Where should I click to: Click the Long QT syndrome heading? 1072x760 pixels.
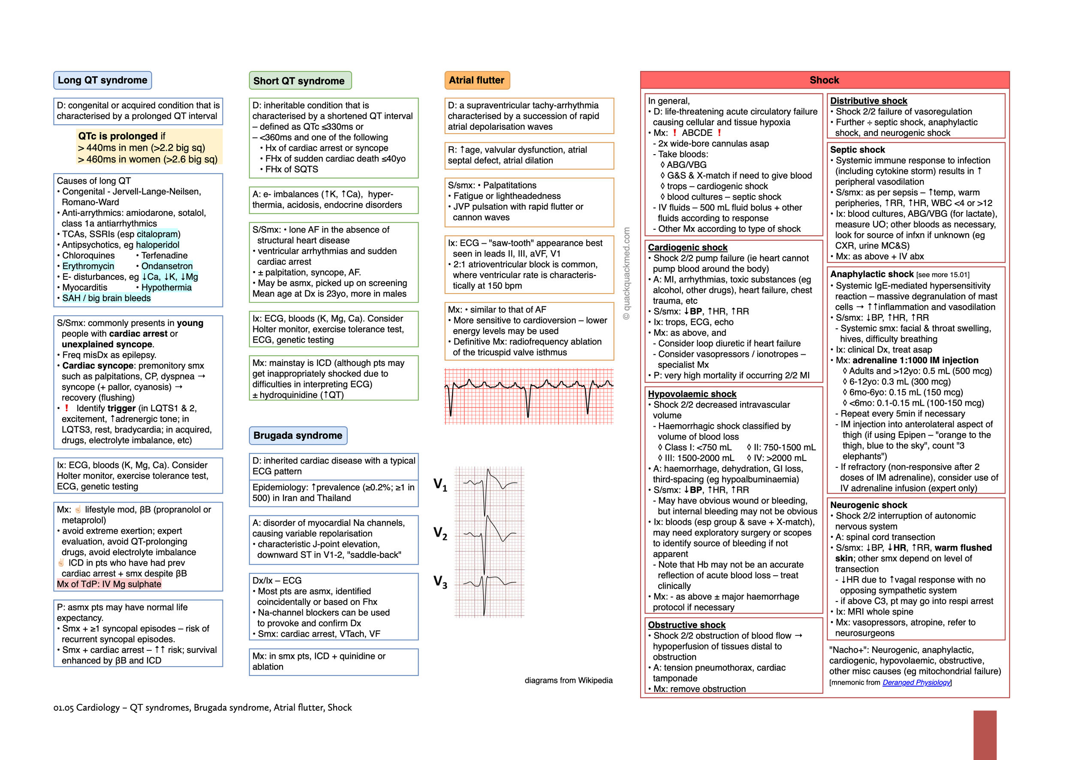tap(102, 80)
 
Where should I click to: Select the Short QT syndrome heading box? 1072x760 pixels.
tap(300, 81)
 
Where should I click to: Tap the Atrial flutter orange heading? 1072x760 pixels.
tap(476, 80)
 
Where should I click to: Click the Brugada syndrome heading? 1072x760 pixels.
tap(298, 435)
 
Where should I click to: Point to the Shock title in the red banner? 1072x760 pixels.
tap(824, 80)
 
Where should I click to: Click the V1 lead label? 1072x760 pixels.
tap(440, 485)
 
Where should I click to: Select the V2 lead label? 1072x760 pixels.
tap(440, 533)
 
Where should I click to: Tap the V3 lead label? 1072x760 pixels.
tap(440, 581)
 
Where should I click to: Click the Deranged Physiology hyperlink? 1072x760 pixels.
tap(916, 682)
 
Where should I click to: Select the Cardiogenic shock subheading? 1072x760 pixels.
tap(687, 247)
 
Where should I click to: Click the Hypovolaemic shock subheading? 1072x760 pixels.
tap(692, 394)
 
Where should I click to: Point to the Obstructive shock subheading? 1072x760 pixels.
tap(686, 625)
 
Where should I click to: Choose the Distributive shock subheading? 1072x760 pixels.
tap(868, 101)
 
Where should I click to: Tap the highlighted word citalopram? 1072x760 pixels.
tap(157, 234)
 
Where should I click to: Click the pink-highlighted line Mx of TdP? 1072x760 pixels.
tap(108, 584)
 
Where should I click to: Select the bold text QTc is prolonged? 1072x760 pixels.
tap(117, 136)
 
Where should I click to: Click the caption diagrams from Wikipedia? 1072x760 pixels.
tap(568, 680)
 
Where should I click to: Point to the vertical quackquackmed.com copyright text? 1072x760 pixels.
tap(626, 273)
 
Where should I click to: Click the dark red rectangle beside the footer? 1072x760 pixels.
tap(985, 735)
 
